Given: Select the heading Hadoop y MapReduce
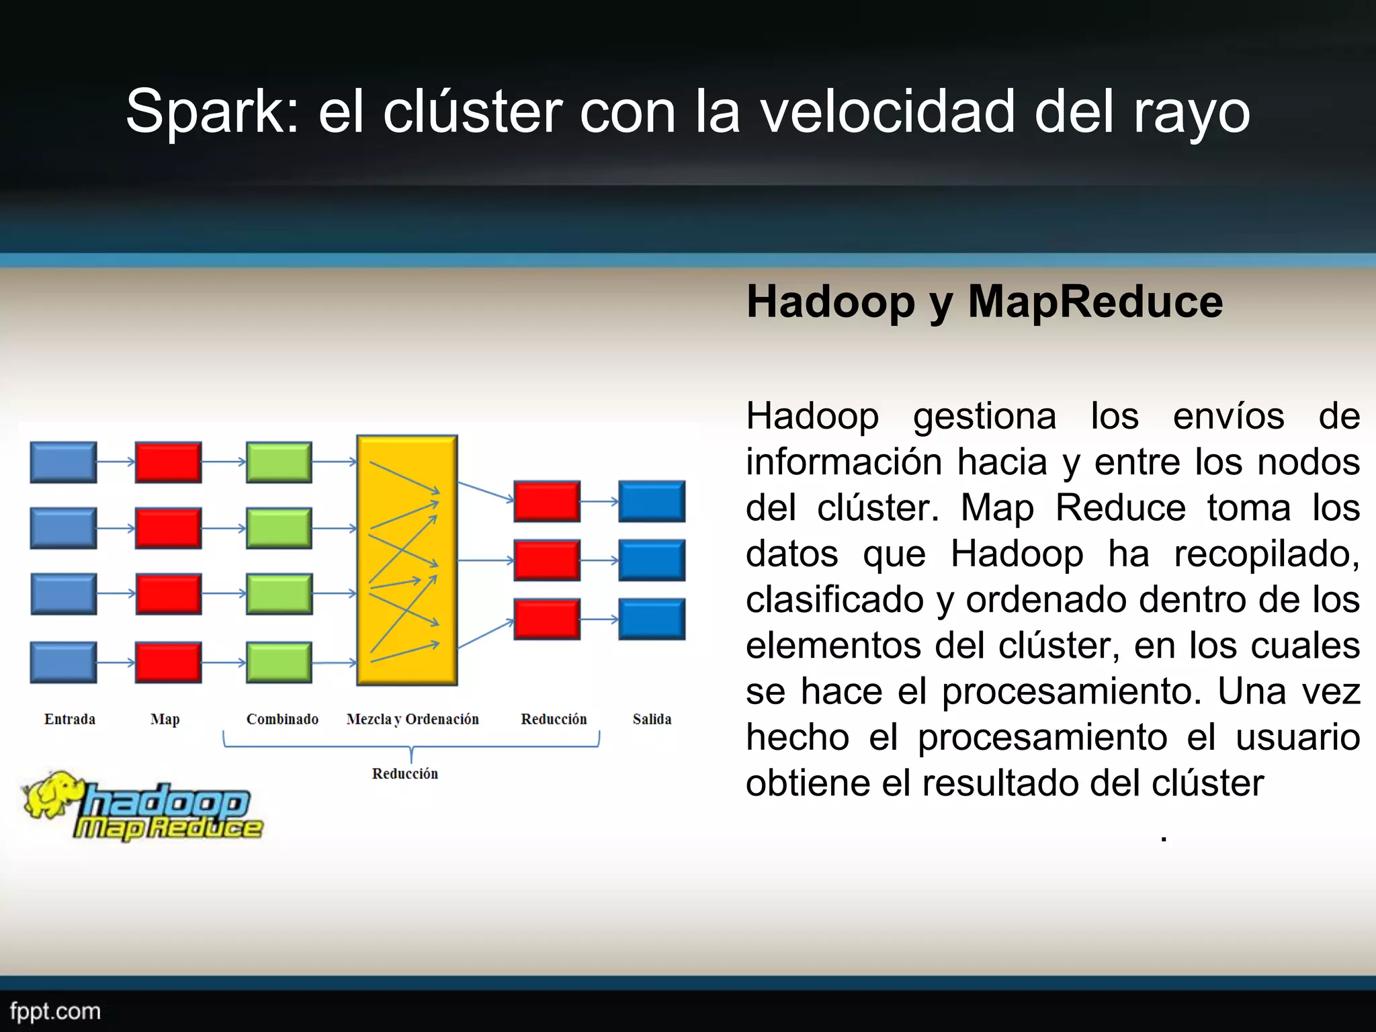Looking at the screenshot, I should pyautogui.click(x=984, y=302).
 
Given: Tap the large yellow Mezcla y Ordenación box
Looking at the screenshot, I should pyautogui.click(x=407, y=560).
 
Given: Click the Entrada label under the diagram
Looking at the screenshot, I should pyautogui.click(x=70, y=719).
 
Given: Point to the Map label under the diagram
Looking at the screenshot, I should pyautogui.click(x=165, y=720).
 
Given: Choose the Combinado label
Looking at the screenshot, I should pyautogui.click(x=282, y=719).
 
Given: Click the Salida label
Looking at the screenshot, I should pyautogui.click(x=652, y=719).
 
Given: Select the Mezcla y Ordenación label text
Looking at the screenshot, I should pyautogui.click(x=413, y=719).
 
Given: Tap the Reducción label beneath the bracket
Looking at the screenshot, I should pyautogui.click(x=405, y=773).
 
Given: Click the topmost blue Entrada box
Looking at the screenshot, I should pyautogui.click(x=64, y=462).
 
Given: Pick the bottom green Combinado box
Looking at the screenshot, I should pyautogui.click(x=279, y=662).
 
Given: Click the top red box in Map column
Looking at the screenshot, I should pyautogui.click(x=168, y=462).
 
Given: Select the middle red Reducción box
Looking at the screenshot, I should pyautogui.click(x=547, y=560).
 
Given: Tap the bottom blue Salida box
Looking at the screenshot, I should pyautogui.click(x=652, y=619).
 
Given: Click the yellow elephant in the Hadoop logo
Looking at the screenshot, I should pyautogui.click(x=50, y=795).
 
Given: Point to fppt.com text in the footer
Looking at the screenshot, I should pyautogui.click(x=55, y=1011).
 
